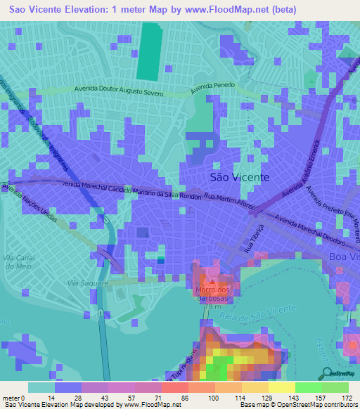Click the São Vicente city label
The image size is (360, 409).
point(239,177)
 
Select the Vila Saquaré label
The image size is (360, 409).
point(86,283)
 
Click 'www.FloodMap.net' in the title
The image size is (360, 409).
point(230,10)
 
